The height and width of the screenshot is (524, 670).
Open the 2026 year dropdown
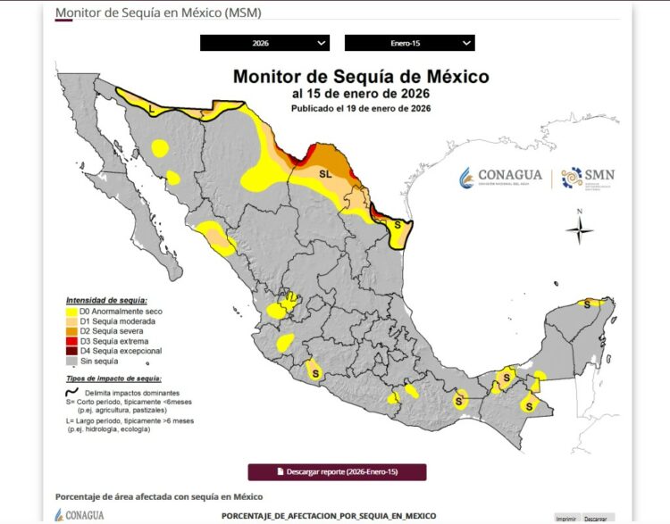264,43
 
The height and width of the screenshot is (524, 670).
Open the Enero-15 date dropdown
409,43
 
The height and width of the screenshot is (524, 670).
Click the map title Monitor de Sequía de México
361,77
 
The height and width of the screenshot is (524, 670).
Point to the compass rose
580,230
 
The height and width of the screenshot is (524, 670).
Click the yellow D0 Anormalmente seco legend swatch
71,312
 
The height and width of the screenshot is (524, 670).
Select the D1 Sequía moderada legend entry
113,321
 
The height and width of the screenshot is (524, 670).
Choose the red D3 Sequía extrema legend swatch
71,342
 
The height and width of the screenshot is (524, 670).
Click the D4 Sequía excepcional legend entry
116,352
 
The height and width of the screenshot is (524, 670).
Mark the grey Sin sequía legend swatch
71,362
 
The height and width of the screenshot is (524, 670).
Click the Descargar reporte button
337,471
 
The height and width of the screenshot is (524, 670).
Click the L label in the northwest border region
153,107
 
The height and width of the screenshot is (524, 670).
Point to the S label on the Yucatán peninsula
587,304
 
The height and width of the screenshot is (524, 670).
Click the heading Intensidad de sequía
106,300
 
